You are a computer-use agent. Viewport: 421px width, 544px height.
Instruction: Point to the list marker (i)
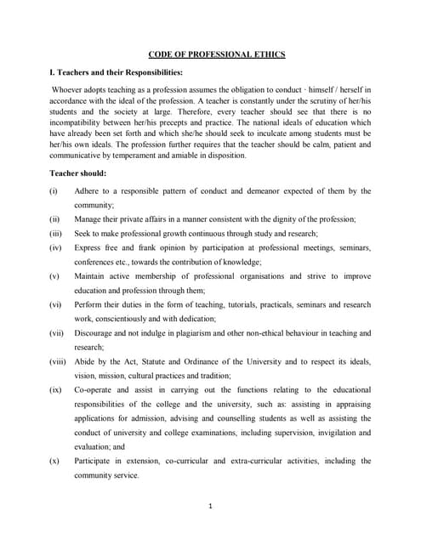tap(54, 191)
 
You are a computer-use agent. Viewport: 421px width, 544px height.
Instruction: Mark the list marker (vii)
tap(57, 333)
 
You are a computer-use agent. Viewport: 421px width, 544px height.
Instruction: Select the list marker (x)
tap(55, 461)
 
